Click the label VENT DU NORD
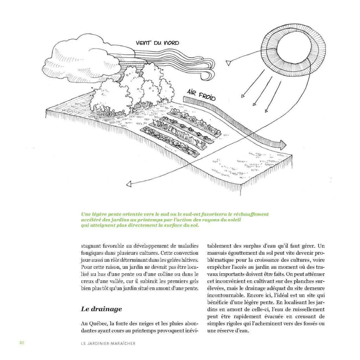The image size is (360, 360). [157, 43]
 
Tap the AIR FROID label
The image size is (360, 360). [201, 95]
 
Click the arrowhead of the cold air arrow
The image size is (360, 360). [282, 144]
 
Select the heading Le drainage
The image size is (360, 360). [101, 309]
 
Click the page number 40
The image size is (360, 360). [21, 343]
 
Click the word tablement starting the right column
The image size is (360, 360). [220, 246]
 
